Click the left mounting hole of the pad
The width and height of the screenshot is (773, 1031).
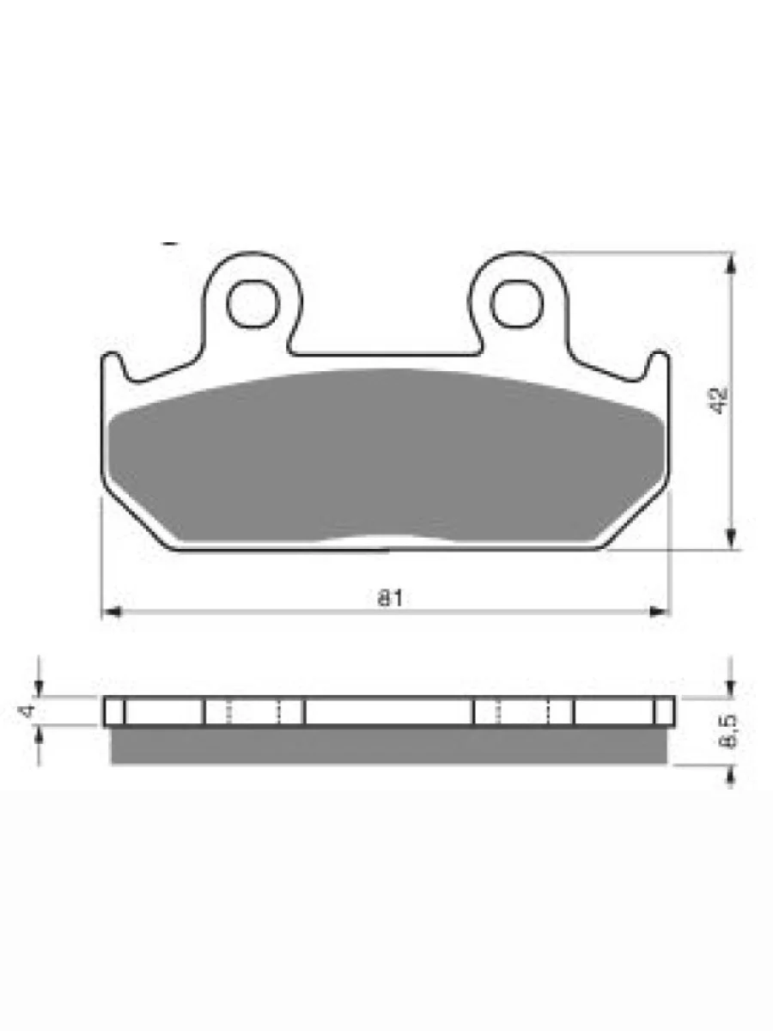coord(253,304)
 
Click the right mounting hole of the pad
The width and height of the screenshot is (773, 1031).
coord(516,303)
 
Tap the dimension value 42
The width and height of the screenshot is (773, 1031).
coord(718,400)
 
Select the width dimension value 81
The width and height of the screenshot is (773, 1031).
coord(390,598)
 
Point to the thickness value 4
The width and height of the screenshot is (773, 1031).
coord(27,711)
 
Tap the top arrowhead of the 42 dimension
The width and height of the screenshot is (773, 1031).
coord(731,262)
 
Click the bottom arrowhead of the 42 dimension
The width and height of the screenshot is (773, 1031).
coord(731,539)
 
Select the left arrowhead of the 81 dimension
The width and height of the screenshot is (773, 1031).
coord(112,612)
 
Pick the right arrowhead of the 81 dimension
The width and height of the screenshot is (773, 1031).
coord(658,612)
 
